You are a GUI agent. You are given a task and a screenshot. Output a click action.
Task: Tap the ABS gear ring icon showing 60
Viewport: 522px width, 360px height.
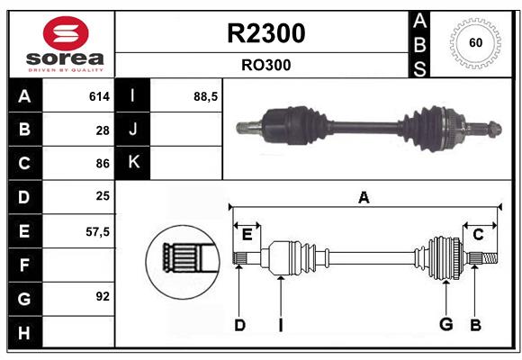[474, 43]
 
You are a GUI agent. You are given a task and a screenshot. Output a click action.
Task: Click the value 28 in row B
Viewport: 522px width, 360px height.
[103, 130]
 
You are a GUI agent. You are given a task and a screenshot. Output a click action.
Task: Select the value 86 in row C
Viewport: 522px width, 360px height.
[103, 164]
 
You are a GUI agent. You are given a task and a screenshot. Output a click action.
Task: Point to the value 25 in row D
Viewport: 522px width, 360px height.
[103, 197]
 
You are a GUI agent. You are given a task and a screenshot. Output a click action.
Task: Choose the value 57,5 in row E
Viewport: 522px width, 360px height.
[97, 231]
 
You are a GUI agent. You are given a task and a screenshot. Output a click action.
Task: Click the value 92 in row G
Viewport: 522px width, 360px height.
[103, 296]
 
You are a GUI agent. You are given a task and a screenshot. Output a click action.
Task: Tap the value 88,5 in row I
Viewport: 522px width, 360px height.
[206, 96]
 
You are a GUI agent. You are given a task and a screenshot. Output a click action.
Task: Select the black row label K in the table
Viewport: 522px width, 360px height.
[134, 163]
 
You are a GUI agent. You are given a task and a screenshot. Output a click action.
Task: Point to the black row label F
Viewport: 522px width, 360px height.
[24, 265]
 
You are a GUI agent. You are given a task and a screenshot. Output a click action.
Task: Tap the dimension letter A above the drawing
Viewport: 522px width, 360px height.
[364, 197]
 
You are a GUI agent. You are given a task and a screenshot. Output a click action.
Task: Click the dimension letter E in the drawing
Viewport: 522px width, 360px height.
[247, 235]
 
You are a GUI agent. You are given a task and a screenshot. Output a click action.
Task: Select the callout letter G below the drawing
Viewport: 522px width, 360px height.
[445, 325]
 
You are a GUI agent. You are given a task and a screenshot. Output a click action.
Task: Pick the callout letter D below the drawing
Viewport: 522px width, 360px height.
[239, 325]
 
